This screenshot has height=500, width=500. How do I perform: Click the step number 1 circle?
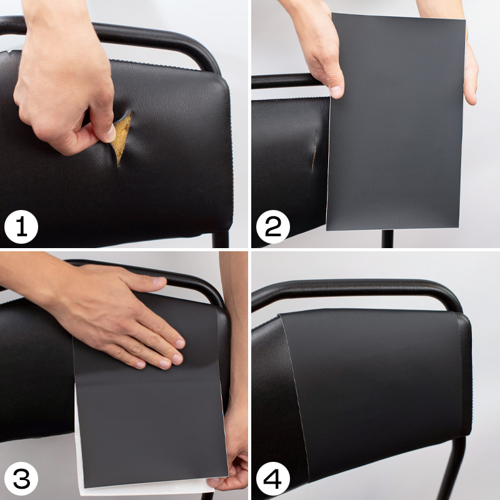(x=21, y=227)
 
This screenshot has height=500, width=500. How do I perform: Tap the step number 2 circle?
(x=273, y=227)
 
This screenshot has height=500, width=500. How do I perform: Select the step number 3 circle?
(x=21, y=479)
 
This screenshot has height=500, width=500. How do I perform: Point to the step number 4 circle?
(x=273, y=479)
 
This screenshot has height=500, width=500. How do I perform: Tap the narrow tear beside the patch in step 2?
(x=314, y=149)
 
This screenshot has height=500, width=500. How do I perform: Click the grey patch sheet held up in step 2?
(x=396, y=122)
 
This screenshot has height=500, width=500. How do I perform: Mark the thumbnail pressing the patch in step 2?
(x=336, y=91)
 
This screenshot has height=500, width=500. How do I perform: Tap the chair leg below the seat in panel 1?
(x=221, y=239)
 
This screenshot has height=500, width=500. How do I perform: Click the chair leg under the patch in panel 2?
(x=387, y=239)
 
